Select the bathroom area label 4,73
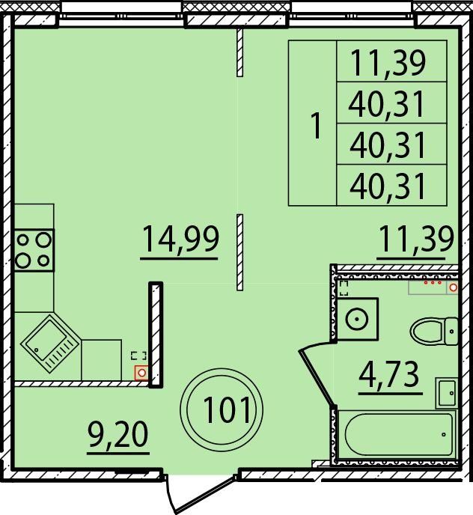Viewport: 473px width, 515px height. coord(390,375)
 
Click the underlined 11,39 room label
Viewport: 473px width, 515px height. coord(416,239)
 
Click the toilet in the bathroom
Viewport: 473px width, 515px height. coord(434,331)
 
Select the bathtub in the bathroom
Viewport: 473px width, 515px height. coord(397,434)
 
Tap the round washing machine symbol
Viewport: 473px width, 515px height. coord(358,319)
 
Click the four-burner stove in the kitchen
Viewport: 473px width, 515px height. coord(34,250)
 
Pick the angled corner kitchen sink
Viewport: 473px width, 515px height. coord(50,344)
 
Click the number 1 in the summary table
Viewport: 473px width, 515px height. coord(316,126)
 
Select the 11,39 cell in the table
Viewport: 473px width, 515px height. coord(392,61)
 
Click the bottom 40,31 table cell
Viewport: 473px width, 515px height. coord(392,186)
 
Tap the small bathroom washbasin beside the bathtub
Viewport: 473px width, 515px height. coord(447,393)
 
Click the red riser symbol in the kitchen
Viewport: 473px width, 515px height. coord(141,373)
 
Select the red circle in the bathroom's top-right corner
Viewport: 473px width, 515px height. coord(454,287)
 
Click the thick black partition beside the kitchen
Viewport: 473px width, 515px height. coord(156,335)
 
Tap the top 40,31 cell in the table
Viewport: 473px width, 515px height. coord(392,103)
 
